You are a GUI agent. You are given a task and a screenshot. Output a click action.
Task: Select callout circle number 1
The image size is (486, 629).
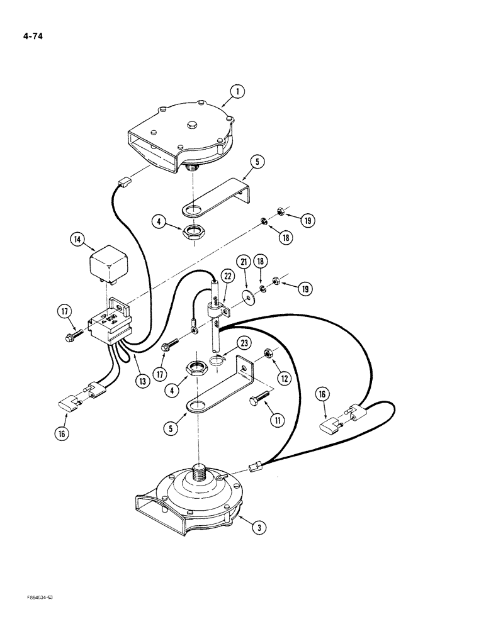pos(237,92)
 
